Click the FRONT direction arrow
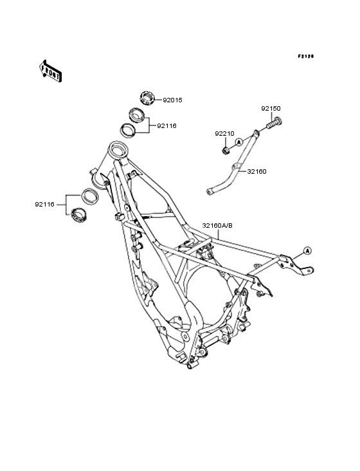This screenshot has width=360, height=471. [x=50, y=71]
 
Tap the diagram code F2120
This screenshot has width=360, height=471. [x=306, y=56]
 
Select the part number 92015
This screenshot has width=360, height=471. [x=172, y=100]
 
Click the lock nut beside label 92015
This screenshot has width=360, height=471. [x=147, y=98]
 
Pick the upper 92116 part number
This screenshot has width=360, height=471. [x=166, y=126]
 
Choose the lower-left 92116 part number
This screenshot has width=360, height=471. [x=45, y=205]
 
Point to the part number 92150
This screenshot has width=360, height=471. [x=271, y=109]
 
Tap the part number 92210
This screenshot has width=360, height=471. [x=224, y=134]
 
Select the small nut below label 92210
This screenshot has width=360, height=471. [x=226, y=150]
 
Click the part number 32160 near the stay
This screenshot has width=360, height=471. [x=256, y=172]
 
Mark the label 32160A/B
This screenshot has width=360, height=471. [x=217, y=226]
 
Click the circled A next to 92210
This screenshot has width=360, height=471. [x=239, y=142]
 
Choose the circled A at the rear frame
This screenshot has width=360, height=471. [x=307, y=250]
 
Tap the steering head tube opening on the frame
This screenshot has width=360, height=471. [x=118, y=149]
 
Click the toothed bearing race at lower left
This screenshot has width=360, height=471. [x=78, y=215]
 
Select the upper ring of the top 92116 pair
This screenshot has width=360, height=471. [x=137, y=115]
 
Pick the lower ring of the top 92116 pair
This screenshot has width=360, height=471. [x=129, y=130]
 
